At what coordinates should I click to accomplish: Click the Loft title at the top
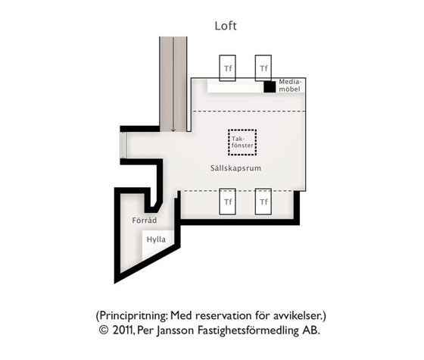pyautogui.click(x=226, y=26)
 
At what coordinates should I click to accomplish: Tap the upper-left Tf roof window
pyautogui.click(x=227, y=68)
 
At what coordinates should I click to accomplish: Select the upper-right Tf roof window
pyautogui.click(x=263, y=68)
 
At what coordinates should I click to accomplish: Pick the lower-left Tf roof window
pyautogui.click(x=227, y=202)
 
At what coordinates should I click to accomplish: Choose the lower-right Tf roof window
pyautogui.click(x=263, y=202)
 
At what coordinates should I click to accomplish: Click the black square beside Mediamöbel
pyautogui.click(x=270, y=86)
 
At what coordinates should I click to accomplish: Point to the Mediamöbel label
pyautogui.click(x=290, y=86)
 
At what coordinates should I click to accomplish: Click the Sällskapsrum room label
pyautogui.click(x=235, y=168)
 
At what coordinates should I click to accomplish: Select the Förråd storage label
pyautogui.click(x=145, y=221)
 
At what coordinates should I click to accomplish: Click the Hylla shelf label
pyautogui.click(x=156, y=239)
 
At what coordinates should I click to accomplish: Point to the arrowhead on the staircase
pyautogui.click(x=173, y=130)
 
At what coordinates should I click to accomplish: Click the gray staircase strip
pyautogui.click(x=173, y=84)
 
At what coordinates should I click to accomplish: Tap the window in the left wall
pyautogui.click(x=123, y=145)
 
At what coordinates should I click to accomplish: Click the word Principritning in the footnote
pyautogui.click(x=132, y=315)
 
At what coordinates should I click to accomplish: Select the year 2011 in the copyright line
pyautogui.click(x=123, y=330)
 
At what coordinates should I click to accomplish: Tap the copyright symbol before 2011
pyautogui.click(x=104, y=330)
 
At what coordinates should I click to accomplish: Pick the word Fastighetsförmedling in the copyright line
pyautogui.click(x=248, y=330)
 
